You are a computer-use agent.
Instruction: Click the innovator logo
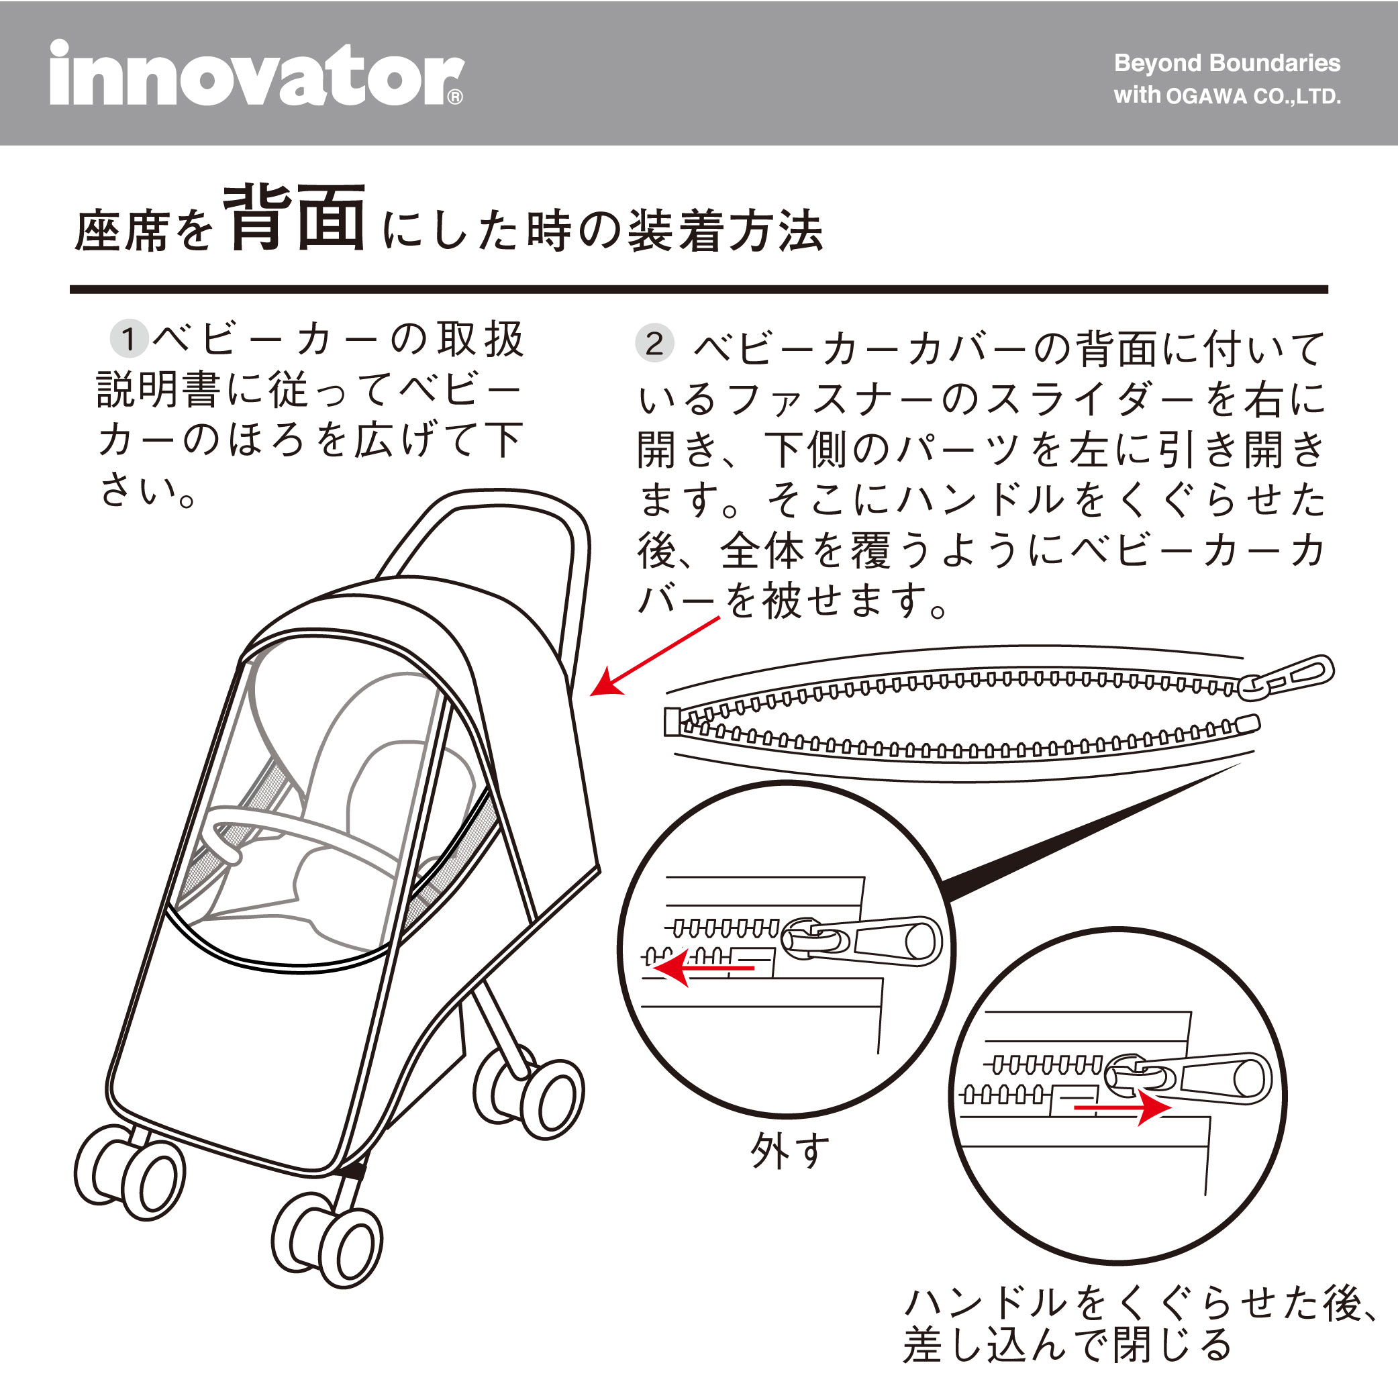257,72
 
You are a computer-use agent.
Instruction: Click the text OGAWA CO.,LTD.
1253,96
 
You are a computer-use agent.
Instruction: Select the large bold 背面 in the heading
294,218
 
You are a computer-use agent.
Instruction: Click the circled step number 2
654,343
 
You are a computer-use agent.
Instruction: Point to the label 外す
789,1151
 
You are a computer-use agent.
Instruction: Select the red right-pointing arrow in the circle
1121,1107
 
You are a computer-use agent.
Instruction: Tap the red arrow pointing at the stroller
655,656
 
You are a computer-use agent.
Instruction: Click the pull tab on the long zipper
1286,678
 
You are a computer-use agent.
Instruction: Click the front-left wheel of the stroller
130,1172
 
